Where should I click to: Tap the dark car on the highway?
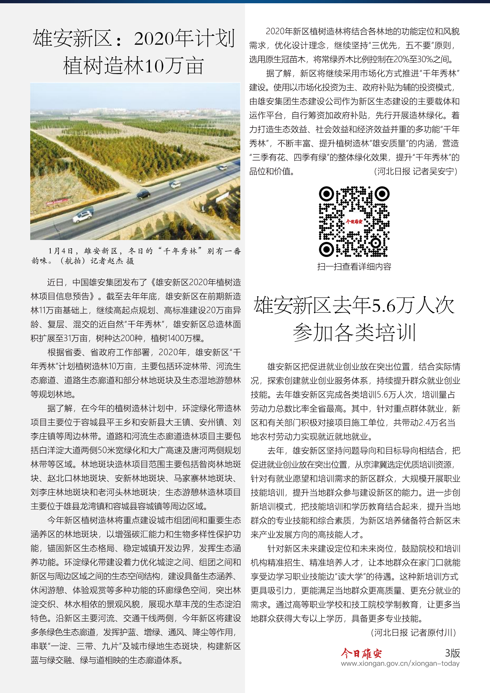[x=144, y=194]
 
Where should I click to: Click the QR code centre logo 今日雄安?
[x=354, y=222]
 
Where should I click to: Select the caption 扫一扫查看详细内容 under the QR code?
[x=354, y=267]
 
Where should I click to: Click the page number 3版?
[x=452, y=653]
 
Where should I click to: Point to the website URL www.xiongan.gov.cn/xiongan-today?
[x=400, y=663]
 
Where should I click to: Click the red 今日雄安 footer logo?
[x=361, y=654]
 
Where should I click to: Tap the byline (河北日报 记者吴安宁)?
[x=416, y=172]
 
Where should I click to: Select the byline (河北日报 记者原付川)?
[x=413, y=632]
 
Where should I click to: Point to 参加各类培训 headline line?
[x=354, y=333]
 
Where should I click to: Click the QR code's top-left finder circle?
[x=326, y=194]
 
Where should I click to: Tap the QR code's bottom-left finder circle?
[x=326, y=249]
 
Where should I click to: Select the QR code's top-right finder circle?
[x=382, y=194]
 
